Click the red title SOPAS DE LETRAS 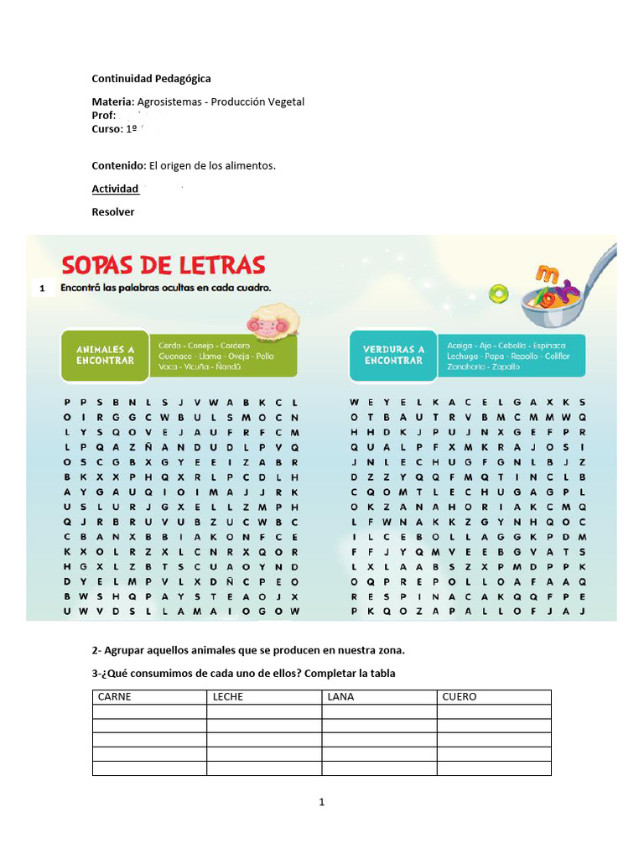(x=164, y=265)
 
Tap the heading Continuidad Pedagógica (x=151, y=79)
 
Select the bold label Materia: (x=112, y=102)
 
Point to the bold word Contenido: (x=119, y=166)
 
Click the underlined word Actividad (x=115, y=190)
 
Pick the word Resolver (x=112, y=212)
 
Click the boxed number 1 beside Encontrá (x=41, y=289)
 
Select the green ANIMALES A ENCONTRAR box (x=105, y=355)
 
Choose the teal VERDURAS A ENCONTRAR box (x=392, y=355)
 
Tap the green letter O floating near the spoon (x=500, y=293)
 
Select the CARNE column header (x=115, y=697)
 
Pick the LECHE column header (x=228, y=697)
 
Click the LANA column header (x=341, y=697)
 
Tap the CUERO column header (x=460, y=697)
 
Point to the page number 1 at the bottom (x=321, y=803)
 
